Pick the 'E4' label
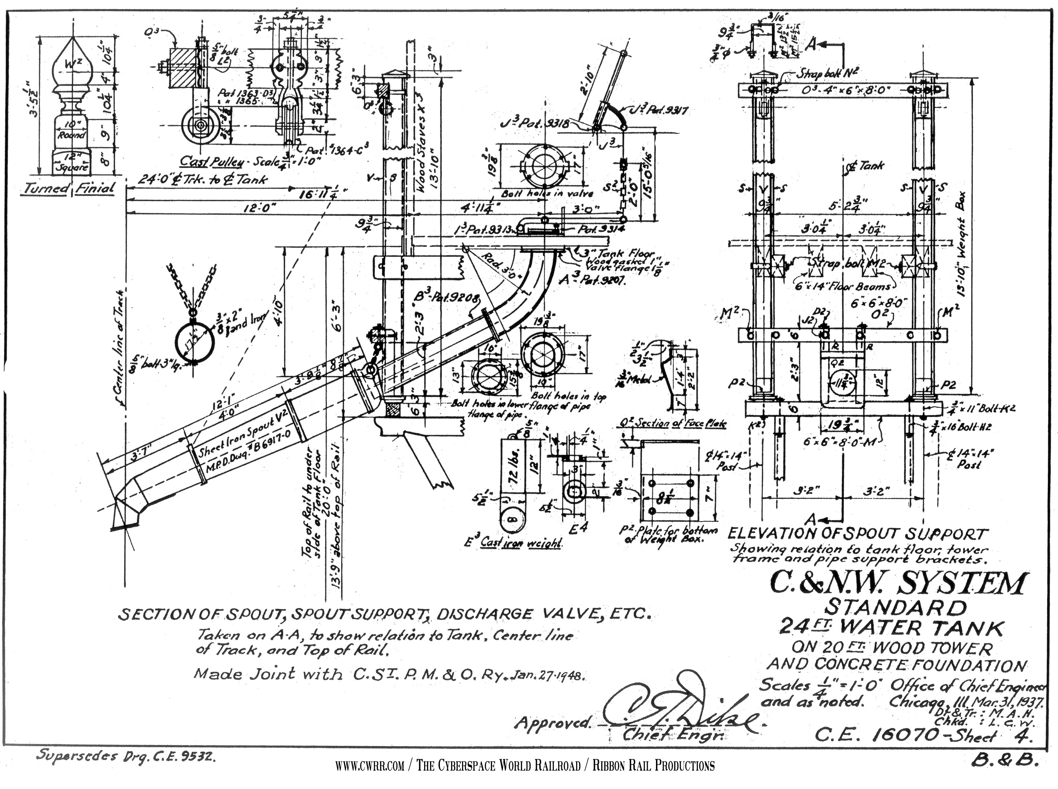[579, 527]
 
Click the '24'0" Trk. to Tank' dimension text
[203, 180]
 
